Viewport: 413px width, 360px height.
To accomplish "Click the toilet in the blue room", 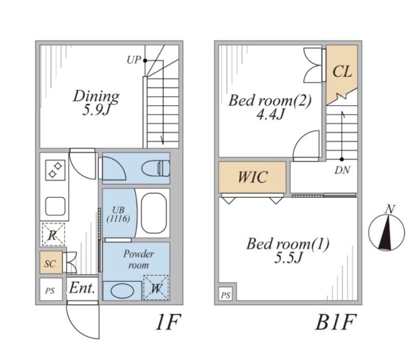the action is point(156,168).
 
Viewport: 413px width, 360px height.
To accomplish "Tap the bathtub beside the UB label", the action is point(154,213).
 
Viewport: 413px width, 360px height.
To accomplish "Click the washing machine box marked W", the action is point(156,288).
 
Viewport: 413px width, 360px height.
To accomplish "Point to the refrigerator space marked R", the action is point(53,234).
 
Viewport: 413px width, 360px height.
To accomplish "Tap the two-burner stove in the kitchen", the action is point(55,170).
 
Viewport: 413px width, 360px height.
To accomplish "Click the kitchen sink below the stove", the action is point(55,206).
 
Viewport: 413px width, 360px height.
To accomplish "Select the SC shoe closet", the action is point(51,262).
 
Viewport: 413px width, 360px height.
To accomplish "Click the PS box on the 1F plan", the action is point(51,289).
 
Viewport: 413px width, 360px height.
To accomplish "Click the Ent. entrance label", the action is point(82,288).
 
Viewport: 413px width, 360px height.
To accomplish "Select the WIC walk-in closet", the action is point(252,177).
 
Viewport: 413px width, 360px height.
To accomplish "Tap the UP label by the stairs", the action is point(134,60).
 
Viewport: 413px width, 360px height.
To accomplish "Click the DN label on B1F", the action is point(342,170).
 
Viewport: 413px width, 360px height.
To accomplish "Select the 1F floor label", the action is point(168,322).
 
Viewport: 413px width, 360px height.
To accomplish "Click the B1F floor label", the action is point(334,322).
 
